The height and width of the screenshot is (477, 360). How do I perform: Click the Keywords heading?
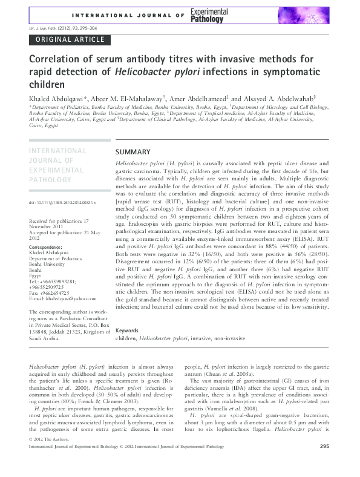coord(127,331)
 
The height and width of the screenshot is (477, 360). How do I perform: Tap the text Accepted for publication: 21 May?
coord(61,232)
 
